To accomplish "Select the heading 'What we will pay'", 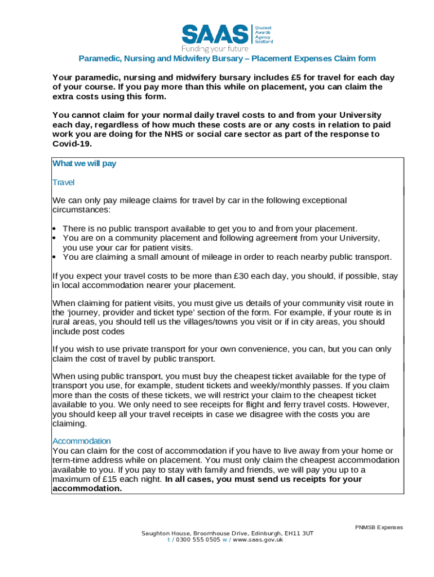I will point(84,164).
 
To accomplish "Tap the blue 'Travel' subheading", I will point(63,183).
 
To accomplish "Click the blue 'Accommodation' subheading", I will point(81,441).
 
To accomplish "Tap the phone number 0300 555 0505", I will point(198,539).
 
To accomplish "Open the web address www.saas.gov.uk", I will point(258,539).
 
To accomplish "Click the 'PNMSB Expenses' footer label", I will point(379,527).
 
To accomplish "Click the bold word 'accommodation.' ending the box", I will point(87,489).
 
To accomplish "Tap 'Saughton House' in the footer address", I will point(166,533).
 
